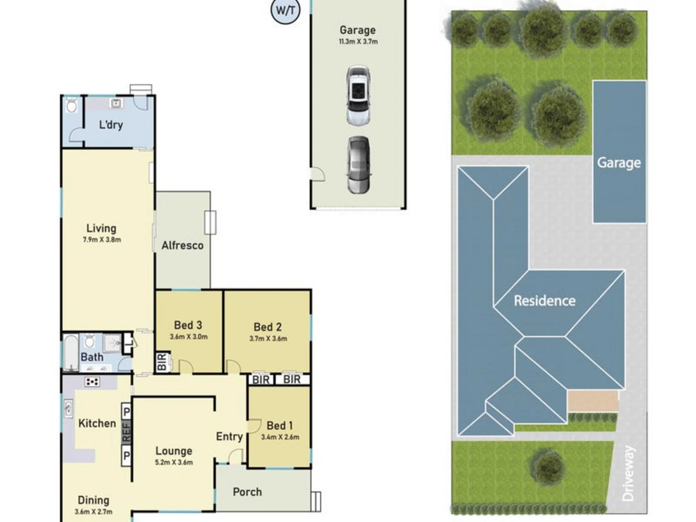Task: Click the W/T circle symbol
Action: click(286, 10)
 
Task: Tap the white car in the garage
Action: click(358, 95)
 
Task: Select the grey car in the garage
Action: click(359, 165)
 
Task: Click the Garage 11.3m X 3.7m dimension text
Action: click(358, 42)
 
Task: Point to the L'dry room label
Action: click(111, 125)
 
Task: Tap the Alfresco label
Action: click(182, 245)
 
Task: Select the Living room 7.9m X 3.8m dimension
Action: click(102, 240)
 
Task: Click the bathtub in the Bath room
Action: click(71, 353)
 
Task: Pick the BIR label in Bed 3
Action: click(162, 362)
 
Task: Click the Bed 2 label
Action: click(268, 327)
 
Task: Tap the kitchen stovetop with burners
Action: click(92, 382)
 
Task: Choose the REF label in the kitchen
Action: click(126, 433)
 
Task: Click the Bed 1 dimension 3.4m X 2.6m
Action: click(280, 437)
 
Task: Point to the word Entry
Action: click(229, 436)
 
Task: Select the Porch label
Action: click(247, 492)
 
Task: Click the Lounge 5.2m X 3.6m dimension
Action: click(174, 463)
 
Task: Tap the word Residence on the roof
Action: click(545, 301)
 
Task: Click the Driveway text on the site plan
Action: click(629, 473)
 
